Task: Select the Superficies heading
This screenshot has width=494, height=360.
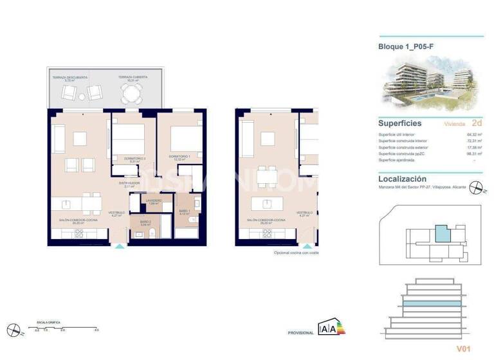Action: click(400, 123)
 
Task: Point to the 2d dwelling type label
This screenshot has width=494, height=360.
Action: click(477, 122)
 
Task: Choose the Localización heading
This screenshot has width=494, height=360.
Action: click(402, 179)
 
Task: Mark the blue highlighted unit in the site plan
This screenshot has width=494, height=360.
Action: click(442, 233)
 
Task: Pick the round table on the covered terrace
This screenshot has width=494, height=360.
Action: click(133, 95)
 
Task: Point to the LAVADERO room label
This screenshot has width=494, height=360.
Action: click(153, 201)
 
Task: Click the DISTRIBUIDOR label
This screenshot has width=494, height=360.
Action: click(130, 183)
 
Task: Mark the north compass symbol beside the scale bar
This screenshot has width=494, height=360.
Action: click(16, 330)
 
